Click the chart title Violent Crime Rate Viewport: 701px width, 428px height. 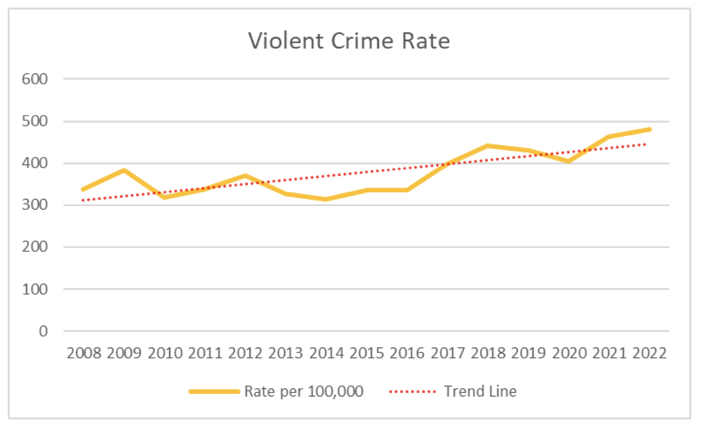349,41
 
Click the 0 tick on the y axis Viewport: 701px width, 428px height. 43,331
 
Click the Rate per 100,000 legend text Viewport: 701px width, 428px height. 304,392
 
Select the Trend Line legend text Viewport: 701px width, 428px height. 480,392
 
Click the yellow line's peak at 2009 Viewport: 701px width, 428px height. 123,170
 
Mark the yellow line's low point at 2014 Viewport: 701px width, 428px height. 326,199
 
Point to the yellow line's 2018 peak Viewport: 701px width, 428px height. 487,145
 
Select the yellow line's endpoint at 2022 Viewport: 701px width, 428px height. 649,130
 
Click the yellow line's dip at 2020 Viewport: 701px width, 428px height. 568,161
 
